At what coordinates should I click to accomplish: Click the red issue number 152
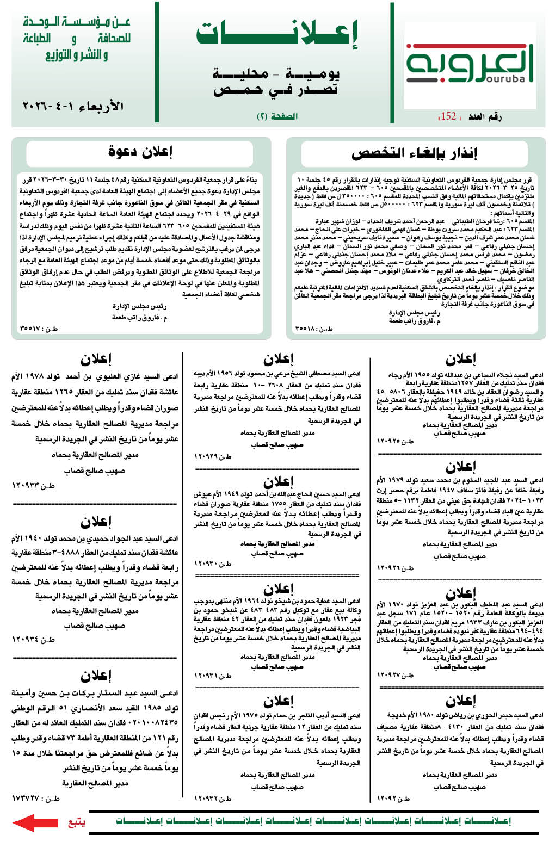[x=448, y=116]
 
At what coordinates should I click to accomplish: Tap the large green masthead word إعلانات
[x=277, y=34]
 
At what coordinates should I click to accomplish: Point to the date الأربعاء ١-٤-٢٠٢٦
[x=73, y=106]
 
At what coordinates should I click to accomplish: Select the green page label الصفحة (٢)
[x=277, y=116]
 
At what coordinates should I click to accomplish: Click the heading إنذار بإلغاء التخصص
[x=414, y=153]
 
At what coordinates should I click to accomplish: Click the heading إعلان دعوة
[x=140, y=152]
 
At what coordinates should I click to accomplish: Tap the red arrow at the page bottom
[x=35, y=822]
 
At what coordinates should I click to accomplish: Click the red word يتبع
[x=77, y=821]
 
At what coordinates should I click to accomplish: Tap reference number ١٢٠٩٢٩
[x=213, y=456]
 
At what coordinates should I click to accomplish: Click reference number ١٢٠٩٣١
[x=213, y=676]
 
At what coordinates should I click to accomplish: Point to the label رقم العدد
[x=485, y=116]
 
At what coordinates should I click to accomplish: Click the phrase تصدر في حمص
[x=275, y=90]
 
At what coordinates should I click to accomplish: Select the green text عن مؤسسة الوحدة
[x=77, y=22]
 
